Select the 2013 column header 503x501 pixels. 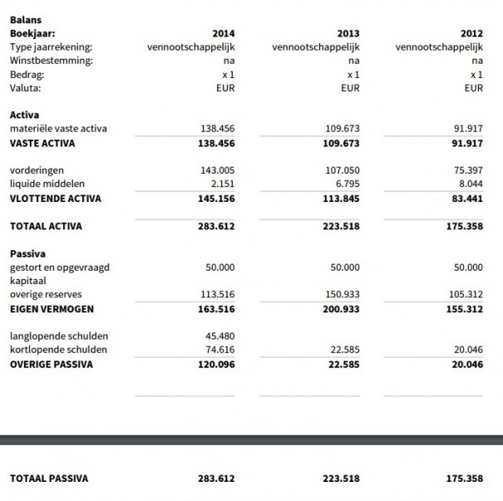(x=348, y=33)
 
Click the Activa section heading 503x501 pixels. (x=24, y=115)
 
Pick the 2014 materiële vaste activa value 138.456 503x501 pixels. (x=218, y=129)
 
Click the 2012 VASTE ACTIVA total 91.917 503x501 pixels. (x=466, y=143)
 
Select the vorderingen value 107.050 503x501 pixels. (x=342, y=170)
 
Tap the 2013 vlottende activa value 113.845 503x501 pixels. (x=342, y=198)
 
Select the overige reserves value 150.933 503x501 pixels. (x=342, y=294)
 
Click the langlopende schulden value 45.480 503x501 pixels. (x=220, y=336)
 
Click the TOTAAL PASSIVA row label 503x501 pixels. (x=48, y=478)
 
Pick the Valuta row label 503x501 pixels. (x=25, y=87)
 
